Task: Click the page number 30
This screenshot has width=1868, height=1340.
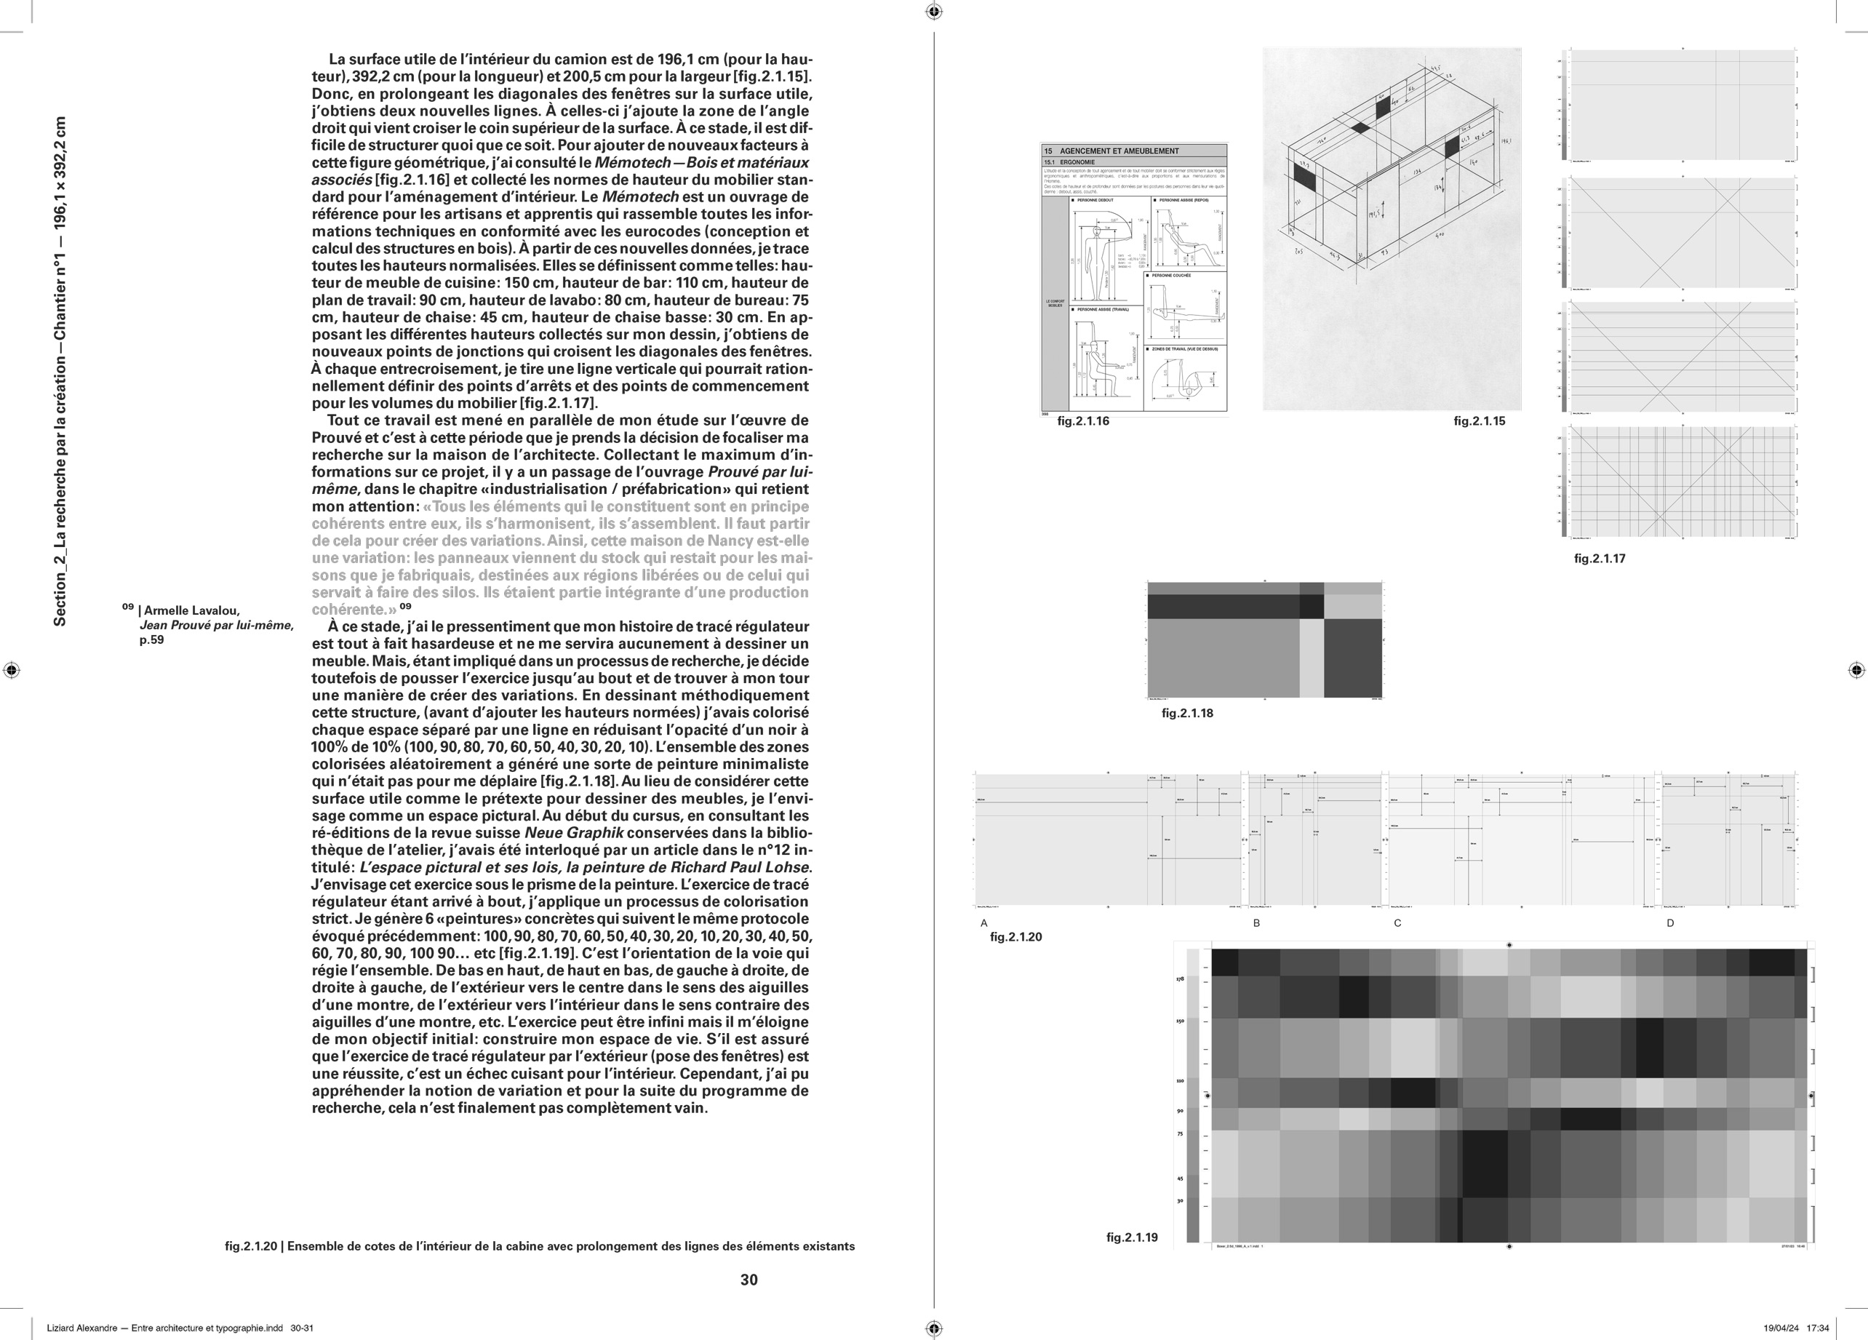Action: coord(749,1279)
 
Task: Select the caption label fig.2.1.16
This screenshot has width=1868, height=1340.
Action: coord(1082,421)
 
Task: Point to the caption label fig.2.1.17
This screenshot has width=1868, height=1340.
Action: coord(1600,559)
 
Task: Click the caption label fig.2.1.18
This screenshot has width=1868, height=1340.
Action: coord(1187,713)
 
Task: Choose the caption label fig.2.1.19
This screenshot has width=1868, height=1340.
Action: coord(1132,1237)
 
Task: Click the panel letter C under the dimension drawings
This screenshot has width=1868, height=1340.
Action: coord(1397,923)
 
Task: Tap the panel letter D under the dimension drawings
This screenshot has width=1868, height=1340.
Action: coord(1670,923)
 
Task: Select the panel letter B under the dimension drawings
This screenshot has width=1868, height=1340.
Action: coord(1256,923)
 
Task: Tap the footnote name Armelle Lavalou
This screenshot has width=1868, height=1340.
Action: coord(191,610)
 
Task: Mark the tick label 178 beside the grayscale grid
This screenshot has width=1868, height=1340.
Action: coord(1181,979)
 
